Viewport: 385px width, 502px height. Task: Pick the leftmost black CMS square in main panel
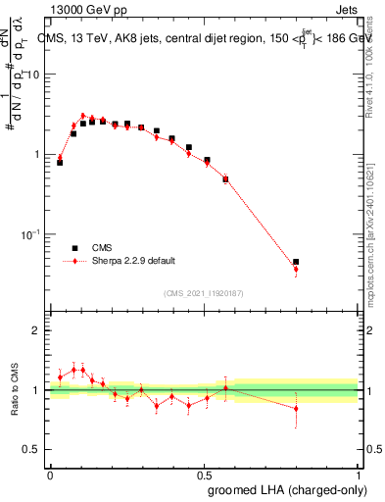[60, 163]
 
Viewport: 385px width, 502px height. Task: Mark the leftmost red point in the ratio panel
[60, 377]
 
